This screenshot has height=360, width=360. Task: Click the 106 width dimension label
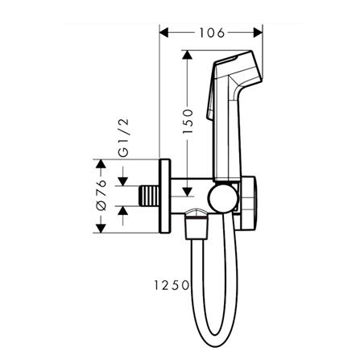[212, 33]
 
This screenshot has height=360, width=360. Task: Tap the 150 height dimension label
[188, 121]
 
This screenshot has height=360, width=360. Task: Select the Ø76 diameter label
[101, 195]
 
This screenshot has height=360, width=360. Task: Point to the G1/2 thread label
[123, 137]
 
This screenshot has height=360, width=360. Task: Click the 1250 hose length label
[172, 285]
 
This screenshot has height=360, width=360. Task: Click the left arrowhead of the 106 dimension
[164, 33]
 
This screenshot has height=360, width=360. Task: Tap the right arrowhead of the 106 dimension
[258, 33]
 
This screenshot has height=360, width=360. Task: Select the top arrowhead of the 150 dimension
[187, 55]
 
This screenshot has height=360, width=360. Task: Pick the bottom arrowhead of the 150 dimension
[187, 192]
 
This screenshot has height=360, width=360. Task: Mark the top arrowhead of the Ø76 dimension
[101, 164]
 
